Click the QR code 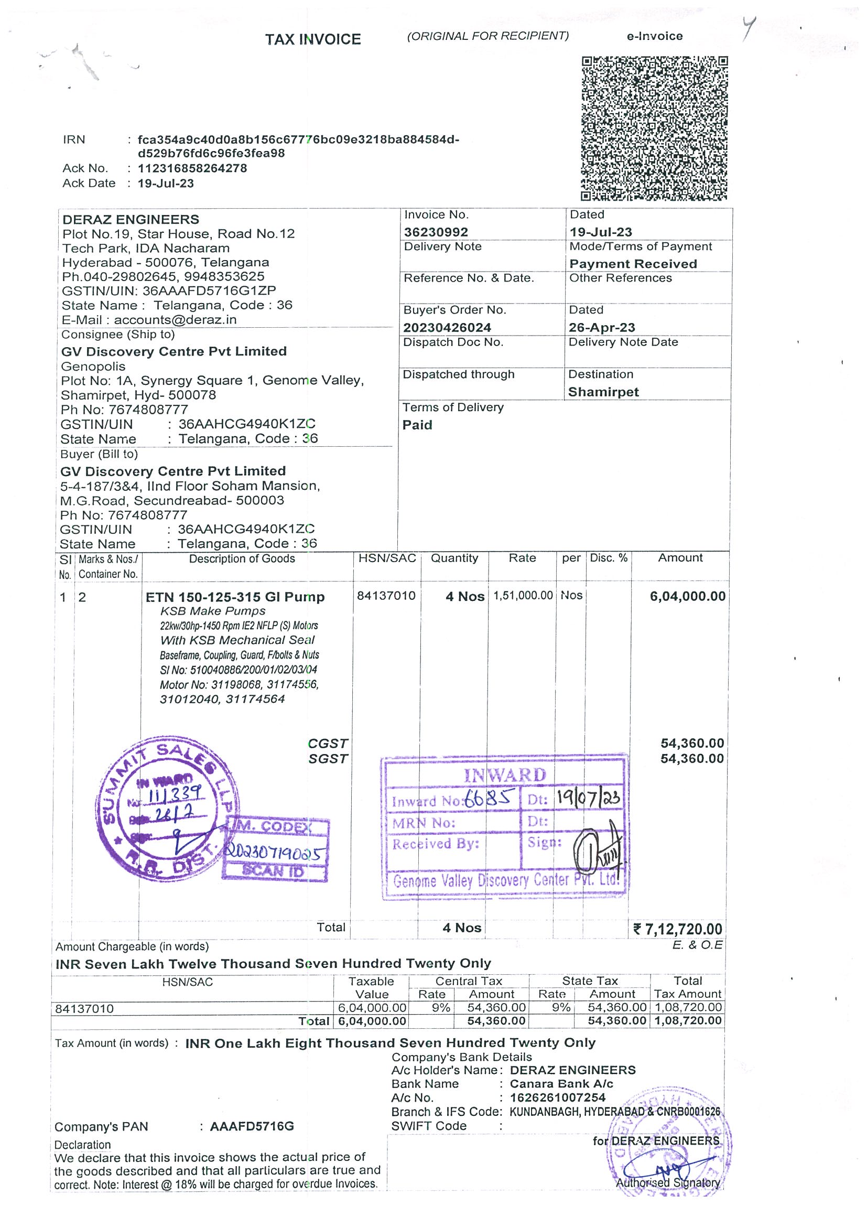point(654,128)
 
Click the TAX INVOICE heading point(313,39)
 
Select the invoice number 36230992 point(436,232)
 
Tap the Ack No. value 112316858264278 point(192,168)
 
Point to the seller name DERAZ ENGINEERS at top point(131,220)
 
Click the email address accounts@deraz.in point(175,319)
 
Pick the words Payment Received point(633,264)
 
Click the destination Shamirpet point(603,392)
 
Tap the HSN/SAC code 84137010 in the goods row point(386,596)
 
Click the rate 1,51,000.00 point(523,595)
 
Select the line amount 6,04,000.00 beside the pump point(688,596)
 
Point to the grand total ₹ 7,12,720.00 point(678,929)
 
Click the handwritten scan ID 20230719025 point(274,852)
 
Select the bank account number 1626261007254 point(558,1097)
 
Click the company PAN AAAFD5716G point(252,1126)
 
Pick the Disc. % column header point(609,558)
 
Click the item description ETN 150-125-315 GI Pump point(235,597)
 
